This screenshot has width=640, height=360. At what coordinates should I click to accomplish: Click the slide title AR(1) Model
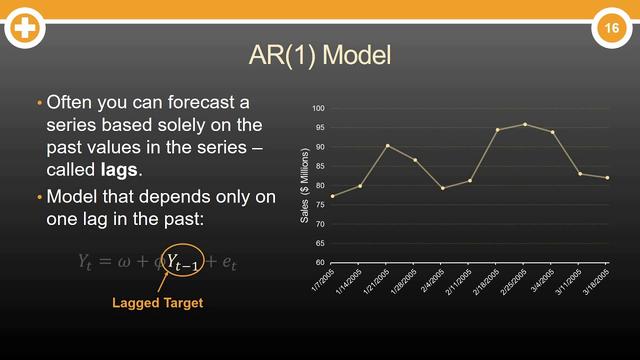[x=320, y=55]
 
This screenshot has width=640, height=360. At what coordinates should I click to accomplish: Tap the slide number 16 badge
[x=609, y=29]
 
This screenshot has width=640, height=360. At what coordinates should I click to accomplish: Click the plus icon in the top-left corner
[x=24, y=28]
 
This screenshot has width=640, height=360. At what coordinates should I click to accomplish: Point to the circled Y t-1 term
[x=185, y=262]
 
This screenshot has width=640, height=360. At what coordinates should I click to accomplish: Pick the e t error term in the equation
[x=231, y=262]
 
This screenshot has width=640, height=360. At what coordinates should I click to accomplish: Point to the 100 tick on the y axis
[x=319, y=108]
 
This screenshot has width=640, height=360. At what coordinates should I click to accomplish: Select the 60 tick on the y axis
[x=321, y=262]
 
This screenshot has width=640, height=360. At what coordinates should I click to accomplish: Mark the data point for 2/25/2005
[x=525, y=124]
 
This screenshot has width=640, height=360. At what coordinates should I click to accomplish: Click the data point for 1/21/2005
[x=388, y=145]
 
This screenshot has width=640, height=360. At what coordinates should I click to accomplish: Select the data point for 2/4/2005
[x=443, y=188]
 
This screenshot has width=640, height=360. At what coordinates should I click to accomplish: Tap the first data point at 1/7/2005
[x=333, y=196]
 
